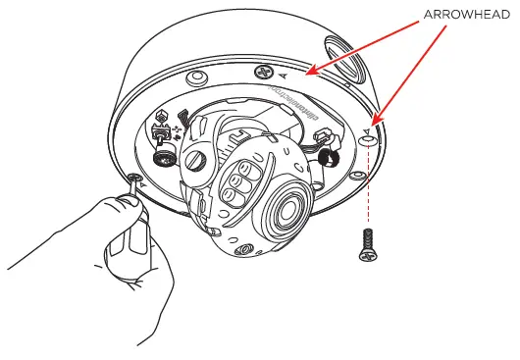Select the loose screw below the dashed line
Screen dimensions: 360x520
[368, 245]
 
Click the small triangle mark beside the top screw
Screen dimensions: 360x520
[284, 75]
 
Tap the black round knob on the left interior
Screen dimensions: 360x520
[163, 157]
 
